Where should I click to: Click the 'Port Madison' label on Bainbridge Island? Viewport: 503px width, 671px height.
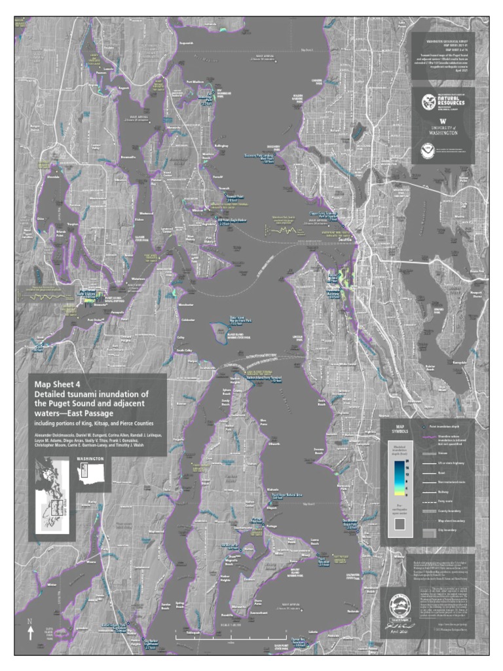point(195,82)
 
